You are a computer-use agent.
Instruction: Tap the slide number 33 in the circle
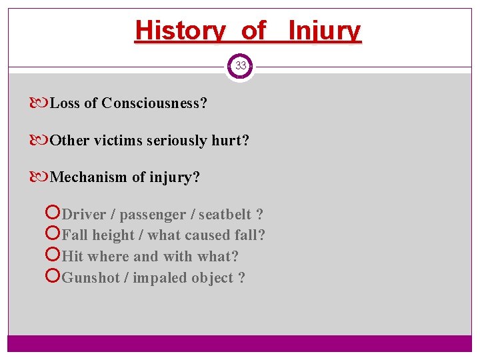point(240,66)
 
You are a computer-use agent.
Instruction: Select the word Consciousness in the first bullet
point(154,103)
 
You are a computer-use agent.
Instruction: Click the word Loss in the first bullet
point(65,103)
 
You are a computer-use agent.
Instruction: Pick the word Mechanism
point(85,177)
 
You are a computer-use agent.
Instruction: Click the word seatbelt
point(225,215)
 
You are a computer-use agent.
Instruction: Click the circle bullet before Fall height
point(54,235)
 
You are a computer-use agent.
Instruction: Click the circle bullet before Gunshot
point(54,278)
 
